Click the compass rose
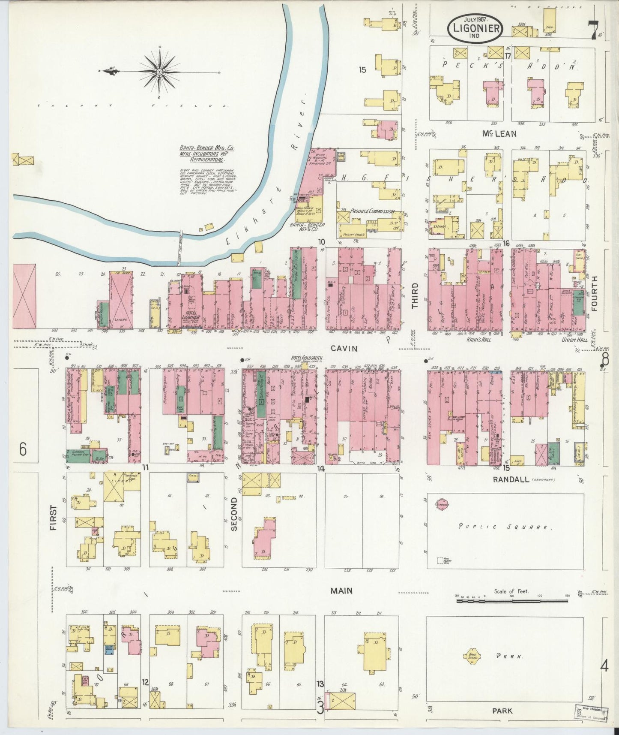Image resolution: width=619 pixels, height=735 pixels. (159, 71)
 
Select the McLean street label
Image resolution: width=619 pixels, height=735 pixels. (499, 134)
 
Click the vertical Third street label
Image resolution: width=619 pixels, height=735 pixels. (415, 295)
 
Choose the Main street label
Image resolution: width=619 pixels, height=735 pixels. (341, 590)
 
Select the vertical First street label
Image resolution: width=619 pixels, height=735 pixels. (54, 518)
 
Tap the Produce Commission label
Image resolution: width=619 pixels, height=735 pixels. (372, 211)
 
